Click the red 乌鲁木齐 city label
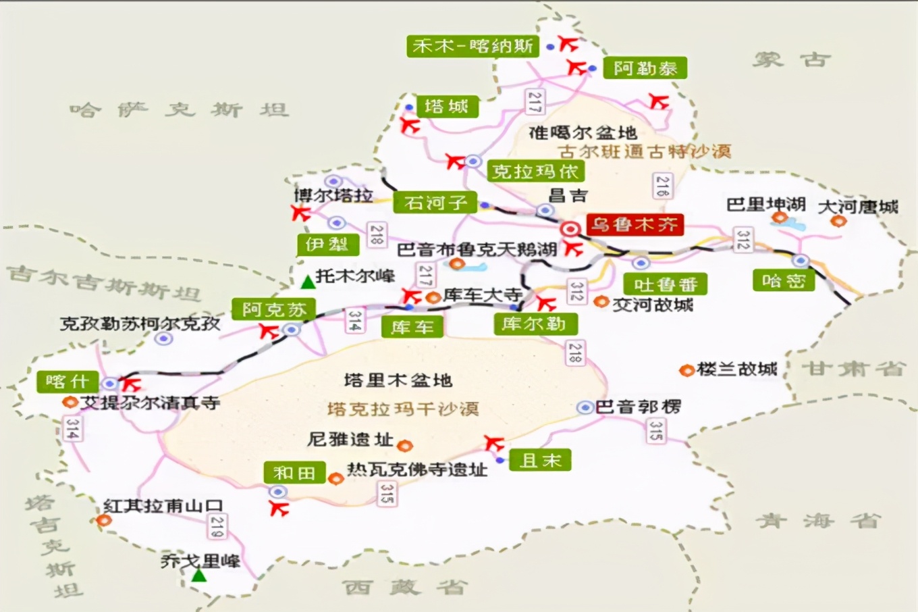click(x=634, y=225)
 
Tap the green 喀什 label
click(x=67, y=382)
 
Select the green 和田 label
click(x=294, y=473)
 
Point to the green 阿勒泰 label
click(x=645, y=68)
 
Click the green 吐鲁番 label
click(x=665, y=284)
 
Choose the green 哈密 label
click(x=783, y=280)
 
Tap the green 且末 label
click(x=540, y=461)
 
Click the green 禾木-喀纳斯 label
click(x=473, y=46)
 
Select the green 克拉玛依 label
click(x=535, y=172)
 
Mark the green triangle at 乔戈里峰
click(x=198, y=576)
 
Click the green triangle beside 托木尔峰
click(x=308, y=282)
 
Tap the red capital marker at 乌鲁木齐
click(x=570, y=229)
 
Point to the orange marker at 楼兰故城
click(x=686, y=370)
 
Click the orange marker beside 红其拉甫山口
click(x=104, y=520)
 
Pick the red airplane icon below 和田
click(x=279, y=509)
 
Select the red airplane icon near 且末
click(x=494, y=444)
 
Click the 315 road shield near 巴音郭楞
click(x=655, y=430)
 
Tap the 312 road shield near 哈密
click(x=742, y=240)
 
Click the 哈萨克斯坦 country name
click(x=180, y=109)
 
